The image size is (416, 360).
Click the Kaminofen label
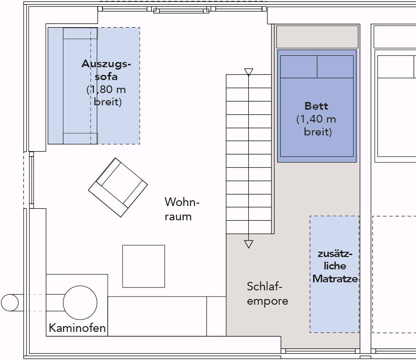77,328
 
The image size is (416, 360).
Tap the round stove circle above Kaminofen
80,303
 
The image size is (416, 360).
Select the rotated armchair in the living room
118,187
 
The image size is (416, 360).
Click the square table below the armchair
143,266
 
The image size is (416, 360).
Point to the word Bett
316,106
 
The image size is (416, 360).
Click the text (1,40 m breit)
316,125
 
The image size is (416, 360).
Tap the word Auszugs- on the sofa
106,64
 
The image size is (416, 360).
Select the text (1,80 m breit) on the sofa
106,95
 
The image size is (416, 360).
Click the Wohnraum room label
182,209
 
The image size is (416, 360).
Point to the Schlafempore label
267,294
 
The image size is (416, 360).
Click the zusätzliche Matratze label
335,266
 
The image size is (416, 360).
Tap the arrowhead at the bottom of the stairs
249,244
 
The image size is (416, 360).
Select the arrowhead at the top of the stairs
249,72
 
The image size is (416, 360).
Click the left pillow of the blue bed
299,67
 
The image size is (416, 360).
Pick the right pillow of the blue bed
335,67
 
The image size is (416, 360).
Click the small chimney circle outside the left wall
10,303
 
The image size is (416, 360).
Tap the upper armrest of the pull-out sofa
81,33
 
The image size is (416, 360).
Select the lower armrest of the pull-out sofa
81,139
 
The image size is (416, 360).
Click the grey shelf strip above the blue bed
317,37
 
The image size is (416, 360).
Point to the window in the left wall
31,180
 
